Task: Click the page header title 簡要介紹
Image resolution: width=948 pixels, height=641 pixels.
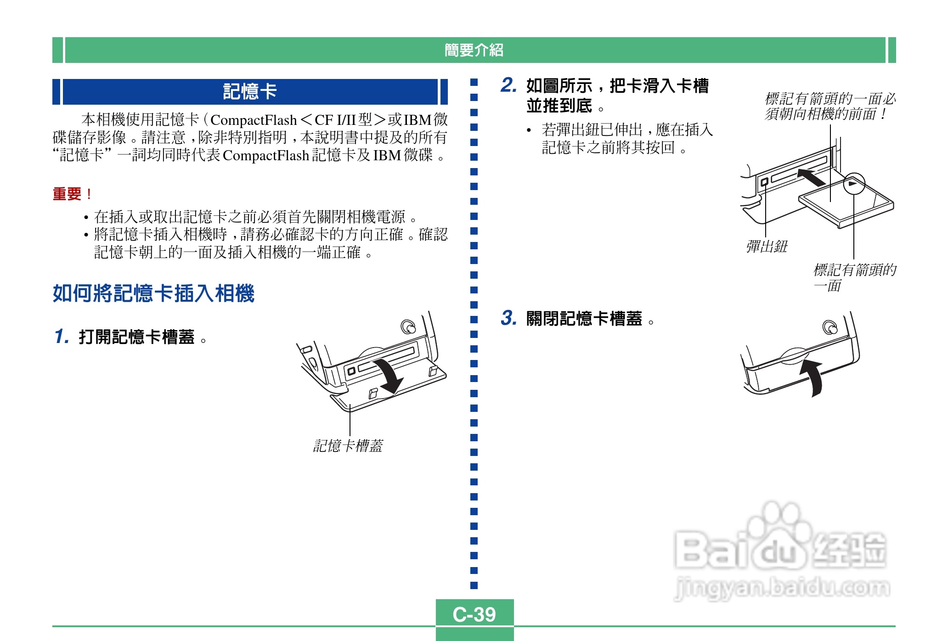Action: click(474, 50)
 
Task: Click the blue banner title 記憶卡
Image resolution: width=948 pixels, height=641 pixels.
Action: click(250, 91)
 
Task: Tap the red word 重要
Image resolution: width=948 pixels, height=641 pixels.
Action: click(68, 194)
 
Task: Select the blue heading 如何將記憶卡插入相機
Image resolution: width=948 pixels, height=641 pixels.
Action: click(153, 293)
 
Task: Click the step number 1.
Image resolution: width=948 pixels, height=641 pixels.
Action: click(61, 336)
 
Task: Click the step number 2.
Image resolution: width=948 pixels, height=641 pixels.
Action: click(508, 85)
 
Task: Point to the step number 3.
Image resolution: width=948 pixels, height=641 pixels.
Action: click(508, 318)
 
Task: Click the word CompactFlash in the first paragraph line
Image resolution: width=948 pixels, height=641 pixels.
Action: click(254, 120)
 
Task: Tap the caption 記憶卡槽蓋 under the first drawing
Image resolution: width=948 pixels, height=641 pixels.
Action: click(348, 445)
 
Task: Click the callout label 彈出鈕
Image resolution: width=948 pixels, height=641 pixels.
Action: click(767, 247)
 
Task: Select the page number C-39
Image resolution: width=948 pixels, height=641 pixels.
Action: click(474, 614)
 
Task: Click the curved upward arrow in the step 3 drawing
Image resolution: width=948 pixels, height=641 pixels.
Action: click(812, 377)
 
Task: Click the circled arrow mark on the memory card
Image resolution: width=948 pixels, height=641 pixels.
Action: click(853, 184)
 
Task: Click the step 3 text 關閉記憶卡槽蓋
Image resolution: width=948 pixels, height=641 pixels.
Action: click(584, 319)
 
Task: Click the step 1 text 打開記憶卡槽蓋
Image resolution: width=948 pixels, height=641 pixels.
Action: click(137, 337)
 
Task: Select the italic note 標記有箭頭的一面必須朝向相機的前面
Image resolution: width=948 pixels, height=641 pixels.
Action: click(829, 106)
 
